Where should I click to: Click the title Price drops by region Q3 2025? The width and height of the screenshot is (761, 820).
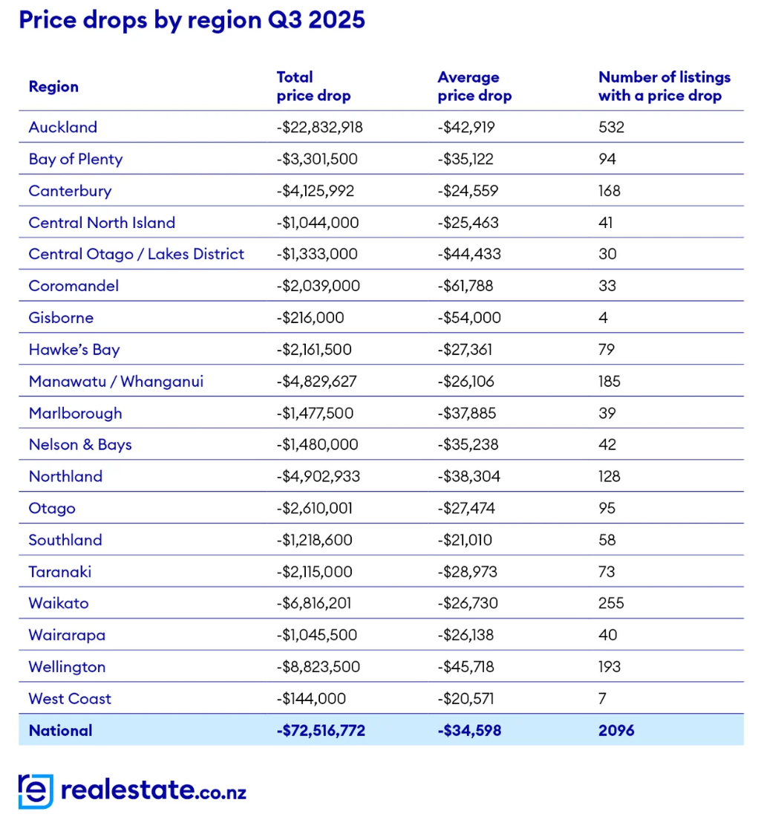tap(192, 20)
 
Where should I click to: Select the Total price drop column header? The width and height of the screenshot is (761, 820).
tap(313, 86)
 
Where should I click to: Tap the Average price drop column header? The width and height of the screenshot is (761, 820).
tap(474, 86)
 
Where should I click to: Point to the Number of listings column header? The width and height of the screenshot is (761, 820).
tap(664, 86)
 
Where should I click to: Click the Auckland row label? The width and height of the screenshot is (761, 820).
tap(63, 127)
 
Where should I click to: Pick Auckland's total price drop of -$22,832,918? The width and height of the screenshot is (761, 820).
tap(319, 127)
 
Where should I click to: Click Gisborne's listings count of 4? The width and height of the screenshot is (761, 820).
tap(603, 318)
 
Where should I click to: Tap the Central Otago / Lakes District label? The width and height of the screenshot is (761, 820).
tap(137, 254)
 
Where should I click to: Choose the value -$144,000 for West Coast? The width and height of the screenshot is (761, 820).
tap(311, 699)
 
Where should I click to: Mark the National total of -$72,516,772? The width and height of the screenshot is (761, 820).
tap(321, 731)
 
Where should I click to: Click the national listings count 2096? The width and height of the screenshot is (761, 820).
tap(616, 731)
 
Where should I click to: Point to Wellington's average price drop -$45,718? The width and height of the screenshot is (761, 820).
tap(466, 667)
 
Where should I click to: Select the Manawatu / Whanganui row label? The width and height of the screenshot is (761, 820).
tap(116, 382)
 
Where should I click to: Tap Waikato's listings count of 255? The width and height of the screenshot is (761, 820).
tap(611, 603)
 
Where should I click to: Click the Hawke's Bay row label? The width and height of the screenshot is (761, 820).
tap(74, 350)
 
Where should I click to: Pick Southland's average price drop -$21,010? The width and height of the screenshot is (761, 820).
tap(465, 540)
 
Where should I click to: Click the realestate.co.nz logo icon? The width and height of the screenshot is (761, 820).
tap(36, 791)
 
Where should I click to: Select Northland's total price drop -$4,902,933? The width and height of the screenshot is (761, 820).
tap(318, 477)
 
